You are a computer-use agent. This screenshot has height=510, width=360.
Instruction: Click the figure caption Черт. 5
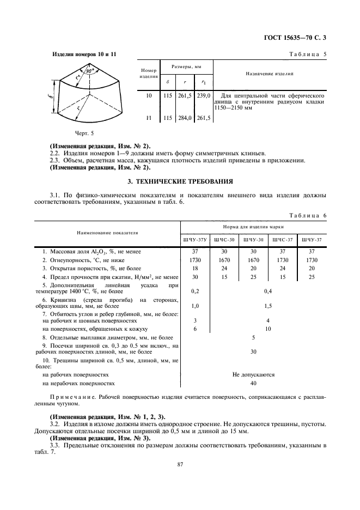[86, 132]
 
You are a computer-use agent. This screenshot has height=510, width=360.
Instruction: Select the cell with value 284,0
[186, 118]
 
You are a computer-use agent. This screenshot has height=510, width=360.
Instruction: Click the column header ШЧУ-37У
[195, 240]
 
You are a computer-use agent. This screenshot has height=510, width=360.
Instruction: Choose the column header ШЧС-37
[283, 240]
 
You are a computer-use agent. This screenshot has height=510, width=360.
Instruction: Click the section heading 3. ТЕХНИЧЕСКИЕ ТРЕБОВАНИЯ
[180, 181]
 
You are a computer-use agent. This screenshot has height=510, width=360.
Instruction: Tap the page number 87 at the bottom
[180, 464]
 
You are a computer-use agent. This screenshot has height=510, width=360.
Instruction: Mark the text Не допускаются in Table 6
[253, 375]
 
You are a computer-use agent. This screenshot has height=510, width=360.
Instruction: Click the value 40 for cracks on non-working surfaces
[253, 384]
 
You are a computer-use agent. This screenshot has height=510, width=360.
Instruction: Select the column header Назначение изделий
[270, 74]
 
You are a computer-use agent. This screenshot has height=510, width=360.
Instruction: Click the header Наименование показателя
[107, 233]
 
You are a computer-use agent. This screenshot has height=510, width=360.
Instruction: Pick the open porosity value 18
[195, 269]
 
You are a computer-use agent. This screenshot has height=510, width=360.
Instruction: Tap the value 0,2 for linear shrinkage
[195, 291]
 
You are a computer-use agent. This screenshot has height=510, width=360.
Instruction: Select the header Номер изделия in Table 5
[149, 74]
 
